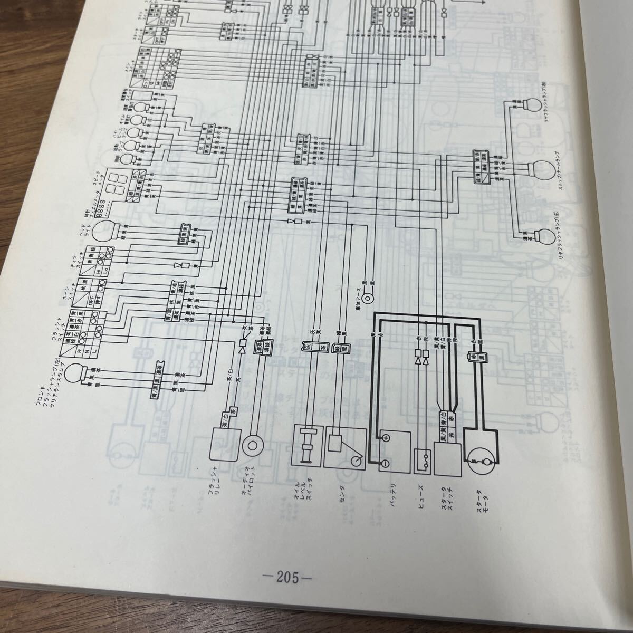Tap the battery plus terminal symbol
[x=386, y=438]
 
